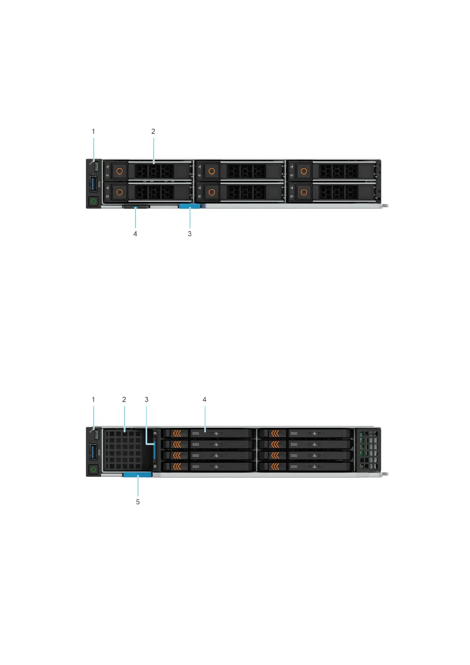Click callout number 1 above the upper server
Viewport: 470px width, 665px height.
pos(94,131)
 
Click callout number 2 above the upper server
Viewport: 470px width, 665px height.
pos(153,131)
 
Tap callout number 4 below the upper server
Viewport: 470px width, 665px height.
pos(135,234)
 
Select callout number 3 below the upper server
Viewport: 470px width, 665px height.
pos(189,234)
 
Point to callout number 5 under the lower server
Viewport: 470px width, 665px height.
pos(138,502)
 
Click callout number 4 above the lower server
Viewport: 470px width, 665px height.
pos(204,400)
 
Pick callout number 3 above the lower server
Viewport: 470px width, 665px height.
pos(146,400)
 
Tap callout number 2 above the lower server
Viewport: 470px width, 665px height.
pos(124,400)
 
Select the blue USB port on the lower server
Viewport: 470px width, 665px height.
pos(94,452)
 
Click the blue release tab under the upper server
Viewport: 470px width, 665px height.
pos(189,206)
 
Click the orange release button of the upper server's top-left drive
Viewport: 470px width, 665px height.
pos(120,171)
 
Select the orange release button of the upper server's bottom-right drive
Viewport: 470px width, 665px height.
pos(303,192)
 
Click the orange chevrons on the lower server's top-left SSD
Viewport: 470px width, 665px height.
pos(177,433)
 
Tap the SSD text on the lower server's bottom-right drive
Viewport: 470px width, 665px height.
pos(294,467)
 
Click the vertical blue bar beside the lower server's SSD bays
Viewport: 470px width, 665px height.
pos(155,451)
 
